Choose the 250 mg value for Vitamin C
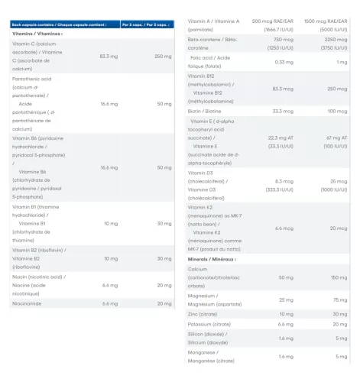pos(164,56)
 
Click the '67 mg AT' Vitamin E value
pos(337,138)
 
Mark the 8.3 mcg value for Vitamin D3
pos(284,181)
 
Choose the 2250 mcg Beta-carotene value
pos(337,38)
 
